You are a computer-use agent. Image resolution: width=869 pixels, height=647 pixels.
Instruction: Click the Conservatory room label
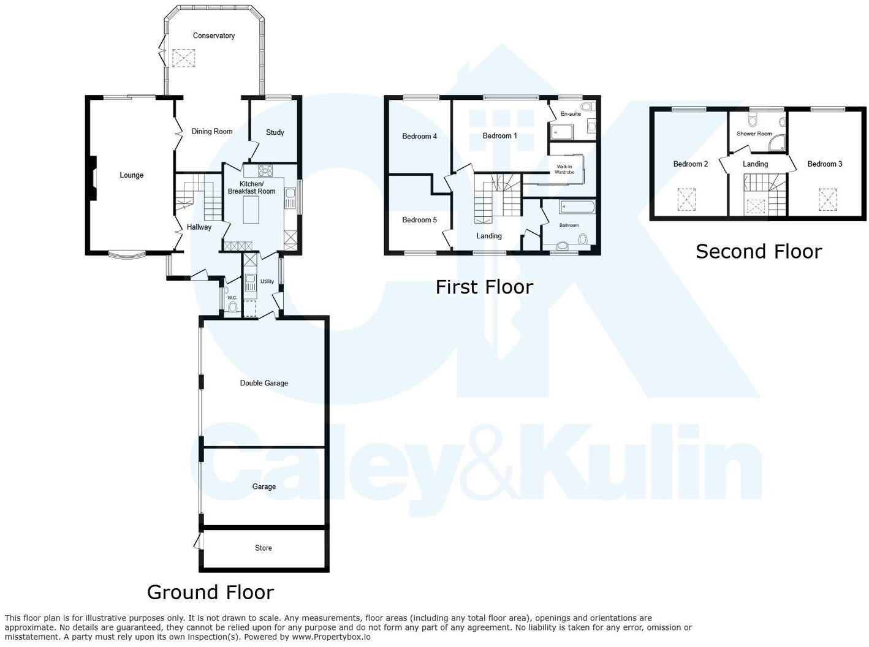tap(213, 36)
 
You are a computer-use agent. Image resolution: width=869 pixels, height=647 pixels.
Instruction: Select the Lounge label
tap(131, 175)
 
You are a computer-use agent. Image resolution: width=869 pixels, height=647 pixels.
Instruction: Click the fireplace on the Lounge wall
tap(92, 178)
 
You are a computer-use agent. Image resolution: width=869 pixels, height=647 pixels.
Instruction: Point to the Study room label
tap(275, 132)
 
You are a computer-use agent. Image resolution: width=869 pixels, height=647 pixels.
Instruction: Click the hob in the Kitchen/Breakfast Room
tap(266, 171)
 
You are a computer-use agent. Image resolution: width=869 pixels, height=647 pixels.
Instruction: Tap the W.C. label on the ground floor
tap(232, 298)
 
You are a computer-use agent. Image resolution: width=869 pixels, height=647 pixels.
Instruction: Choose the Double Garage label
tap(264, 383)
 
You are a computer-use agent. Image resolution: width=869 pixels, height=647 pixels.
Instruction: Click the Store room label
tap(263, 548)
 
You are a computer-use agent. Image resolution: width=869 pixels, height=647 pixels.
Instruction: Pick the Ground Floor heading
tap(210, 592)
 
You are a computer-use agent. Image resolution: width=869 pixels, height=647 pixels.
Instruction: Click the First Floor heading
tap(484, 287)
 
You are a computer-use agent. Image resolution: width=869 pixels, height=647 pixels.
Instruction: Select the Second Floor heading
tap(758, 251)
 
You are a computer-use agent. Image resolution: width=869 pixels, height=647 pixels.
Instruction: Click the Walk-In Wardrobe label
tap(564, 169)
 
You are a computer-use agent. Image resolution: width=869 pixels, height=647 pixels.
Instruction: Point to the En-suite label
tap(571, 114)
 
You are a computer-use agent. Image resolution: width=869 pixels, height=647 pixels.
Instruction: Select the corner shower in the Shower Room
tap(776, 144)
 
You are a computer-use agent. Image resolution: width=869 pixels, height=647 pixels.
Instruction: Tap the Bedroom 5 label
tap(419, 220)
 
